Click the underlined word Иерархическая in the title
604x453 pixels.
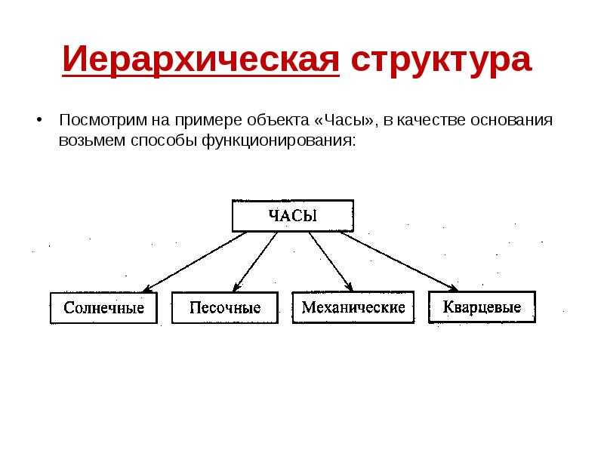[x=201, y=60]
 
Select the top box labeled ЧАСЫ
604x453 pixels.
[x=293, y=216]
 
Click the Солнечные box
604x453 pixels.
[x=103, y=307]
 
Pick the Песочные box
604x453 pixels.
[x=225, y=307]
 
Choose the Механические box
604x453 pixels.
[x=353, y=307]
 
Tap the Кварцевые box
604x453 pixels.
[x=482, y=307]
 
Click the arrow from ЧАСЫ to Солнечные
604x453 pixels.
[x=195, y=262]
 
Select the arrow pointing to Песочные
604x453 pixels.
[x=255, y=262]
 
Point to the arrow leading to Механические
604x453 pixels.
[x=331, y=262]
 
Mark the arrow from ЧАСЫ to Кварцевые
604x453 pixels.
[x=399, y=261]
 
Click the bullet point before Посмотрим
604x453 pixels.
[x=39, y=119]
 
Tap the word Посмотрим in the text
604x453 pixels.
[x=103, y=120]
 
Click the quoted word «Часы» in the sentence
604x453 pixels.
[x=344, y=120]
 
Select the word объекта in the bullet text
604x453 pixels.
[x=278, y=120]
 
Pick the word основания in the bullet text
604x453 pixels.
[x=512, y=120]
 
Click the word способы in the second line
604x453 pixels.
[x=164, y=140]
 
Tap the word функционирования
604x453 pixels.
[x=277, y=140]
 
